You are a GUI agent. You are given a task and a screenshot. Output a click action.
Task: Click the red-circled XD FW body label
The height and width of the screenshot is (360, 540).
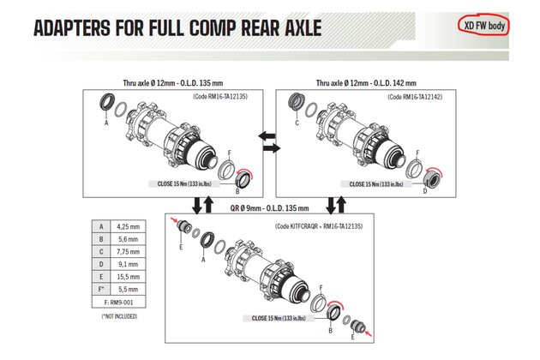point(484,26)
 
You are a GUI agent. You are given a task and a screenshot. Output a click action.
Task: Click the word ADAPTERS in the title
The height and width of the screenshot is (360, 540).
point(72,28)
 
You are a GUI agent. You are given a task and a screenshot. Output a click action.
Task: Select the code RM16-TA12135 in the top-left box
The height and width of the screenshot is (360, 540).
point(220,97)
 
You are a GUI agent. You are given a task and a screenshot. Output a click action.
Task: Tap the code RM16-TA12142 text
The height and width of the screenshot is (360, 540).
point(415,97)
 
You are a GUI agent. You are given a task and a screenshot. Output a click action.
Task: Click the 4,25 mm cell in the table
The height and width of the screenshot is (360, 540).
point(128,226)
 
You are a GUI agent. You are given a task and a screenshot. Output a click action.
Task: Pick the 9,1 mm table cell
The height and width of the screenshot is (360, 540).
point(128,264)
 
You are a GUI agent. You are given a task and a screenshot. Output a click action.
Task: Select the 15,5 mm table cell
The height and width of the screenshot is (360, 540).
point(128,277)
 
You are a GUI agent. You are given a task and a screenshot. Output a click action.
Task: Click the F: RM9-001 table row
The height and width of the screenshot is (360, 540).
point(119,303)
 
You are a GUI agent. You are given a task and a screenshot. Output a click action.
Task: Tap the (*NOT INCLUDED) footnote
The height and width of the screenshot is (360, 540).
point(119,316)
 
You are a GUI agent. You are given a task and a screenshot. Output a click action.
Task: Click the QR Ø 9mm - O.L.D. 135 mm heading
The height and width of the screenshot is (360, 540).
point(270,208)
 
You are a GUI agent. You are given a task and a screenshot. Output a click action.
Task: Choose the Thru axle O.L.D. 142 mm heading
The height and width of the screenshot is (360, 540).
point(366,83)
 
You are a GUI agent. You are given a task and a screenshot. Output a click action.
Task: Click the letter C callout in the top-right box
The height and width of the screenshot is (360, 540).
point(297,123)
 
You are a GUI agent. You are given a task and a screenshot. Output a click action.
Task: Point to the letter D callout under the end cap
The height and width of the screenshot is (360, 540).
point(424,191)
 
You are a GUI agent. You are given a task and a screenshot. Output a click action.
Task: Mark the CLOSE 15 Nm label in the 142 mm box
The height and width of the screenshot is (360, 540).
point(376,184)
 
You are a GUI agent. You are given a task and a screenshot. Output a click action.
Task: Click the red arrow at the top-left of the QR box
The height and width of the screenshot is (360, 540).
point(174,220)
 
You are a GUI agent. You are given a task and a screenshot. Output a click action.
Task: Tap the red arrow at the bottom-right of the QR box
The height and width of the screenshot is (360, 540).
point(369,333)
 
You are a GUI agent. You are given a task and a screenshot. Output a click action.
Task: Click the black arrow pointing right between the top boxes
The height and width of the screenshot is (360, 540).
point(272,148)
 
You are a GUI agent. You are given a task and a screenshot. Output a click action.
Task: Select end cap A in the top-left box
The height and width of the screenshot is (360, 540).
point(106,102)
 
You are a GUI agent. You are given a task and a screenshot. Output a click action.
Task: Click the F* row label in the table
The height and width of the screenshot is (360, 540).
point(101,289)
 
